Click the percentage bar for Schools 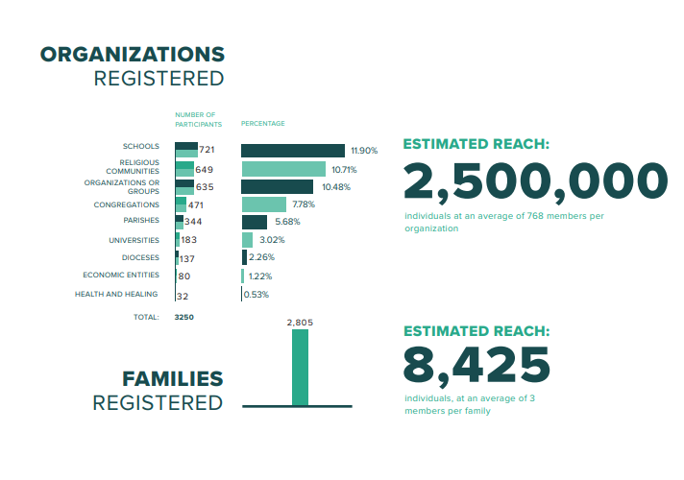pyautogui.click(x=292, y=151)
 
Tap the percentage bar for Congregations pyautogui.click(x=263, y=204)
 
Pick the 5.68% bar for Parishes pyautogui.click(x=254, y=222)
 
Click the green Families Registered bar pyautogui.click(x=300, y=367)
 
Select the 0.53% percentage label pyautogui.click(x=257, y=295)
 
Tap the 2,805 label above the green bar pyautogui.click(x=300, y=323)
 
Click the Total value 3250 pyautogui.click(x=183, y=316)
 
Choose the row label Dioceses pyautogui.click(x=140, y=257)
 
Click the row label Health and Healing pyautogui.click(x=116, y=294)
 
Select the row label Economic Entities pyautogui.click(x=121, y=276)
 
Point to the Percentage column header pyautogui.click(x=262, y=123)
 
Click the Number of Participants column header pyautogui.click(x=198, y=119)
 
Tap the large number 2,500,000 pyautogui.click(x=535, y=182)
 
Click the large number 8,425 pyautogui.click(x=476, y=364)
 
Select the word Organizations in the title pyautogui.click(x=132, y=54)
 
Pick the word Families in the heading pyautogui.click(x=172, y=379)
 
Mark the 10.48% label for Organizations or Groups pyautogui.click(x=335, y=186)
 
